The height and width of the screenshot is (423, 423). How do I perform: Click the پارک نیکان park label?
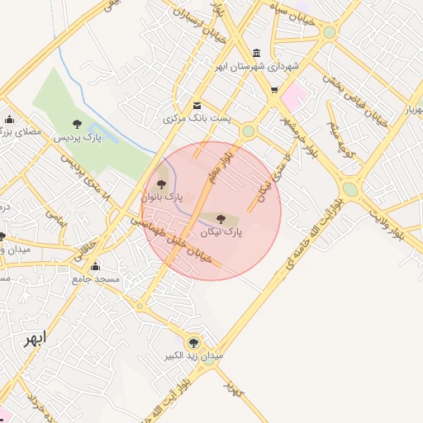click(221, 234)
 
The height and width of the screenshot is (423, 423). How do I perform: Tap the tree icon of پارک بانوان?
click(161, 182)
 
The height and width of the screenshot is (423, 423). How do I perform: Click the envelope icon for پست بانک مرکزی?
click(197, 105)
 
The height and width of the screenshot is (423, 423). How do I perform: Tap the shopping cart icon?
click(273, 91)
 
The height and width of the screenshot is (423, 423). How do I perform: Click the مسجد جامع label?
click(96, 279)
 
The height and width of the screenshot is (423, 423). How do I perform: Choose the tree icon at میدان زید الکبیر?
click(194, 341)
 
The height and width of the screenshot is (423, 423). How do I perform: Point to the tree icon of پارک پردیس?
click(78, 123)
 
